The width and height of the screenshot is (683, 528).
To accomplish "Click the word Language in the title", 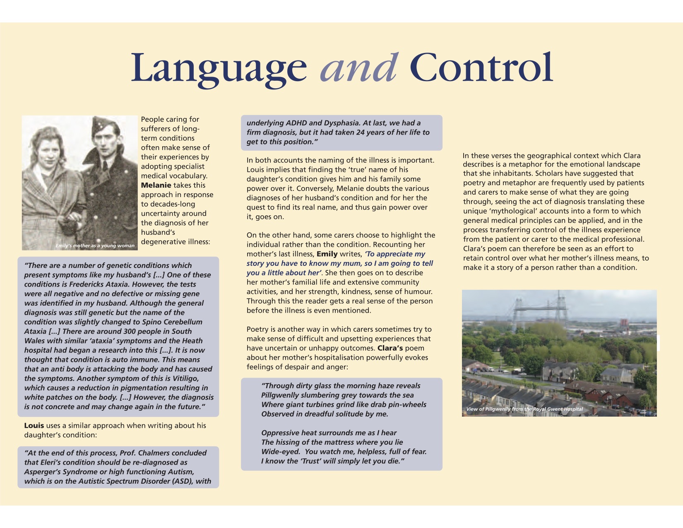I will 219,68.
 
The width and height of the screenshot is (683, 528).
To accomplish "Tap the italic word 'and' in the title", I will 359,68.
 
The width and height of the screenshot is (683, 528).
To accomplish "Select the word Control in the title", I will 483,68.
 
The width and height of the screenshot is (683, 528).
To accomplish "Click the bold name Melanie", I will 156,185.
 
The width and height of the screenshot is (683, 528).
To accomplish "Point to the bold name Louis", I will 34,425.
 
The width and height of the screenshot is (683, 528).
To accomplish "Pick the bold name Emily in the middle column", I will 327,254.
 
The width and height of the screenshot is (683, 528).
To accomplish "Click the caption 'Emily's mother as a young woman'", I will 95,246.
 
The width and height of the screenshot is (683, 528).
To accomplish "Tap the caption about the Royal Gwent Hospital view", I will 524,409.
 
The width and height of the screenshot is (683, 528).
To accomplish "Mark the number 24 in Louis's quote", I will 361,133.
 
